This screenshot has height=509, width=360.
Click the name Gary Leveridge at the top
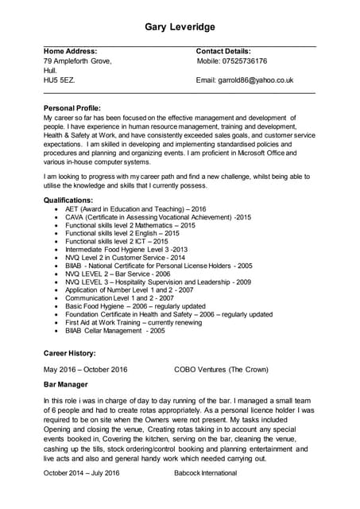click(180, 27)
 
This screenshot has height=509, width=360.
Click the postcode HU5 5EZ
click(59, 80)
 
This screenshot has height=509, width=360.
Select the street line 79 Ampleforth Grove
click(77, 61)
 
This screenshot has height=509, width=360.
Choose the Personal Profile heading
click(72, 107)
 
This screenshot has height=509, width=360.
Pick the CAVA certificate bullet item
click(157, 217)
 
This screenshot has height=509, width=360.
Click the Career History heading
click(70, 352)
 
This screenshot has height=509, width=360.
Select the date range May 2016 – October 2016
click(85, 370)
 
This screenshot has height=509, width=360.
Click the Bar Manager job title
click(67, 385)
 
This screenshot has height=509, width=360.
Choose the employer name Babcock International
click(205, 473)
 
